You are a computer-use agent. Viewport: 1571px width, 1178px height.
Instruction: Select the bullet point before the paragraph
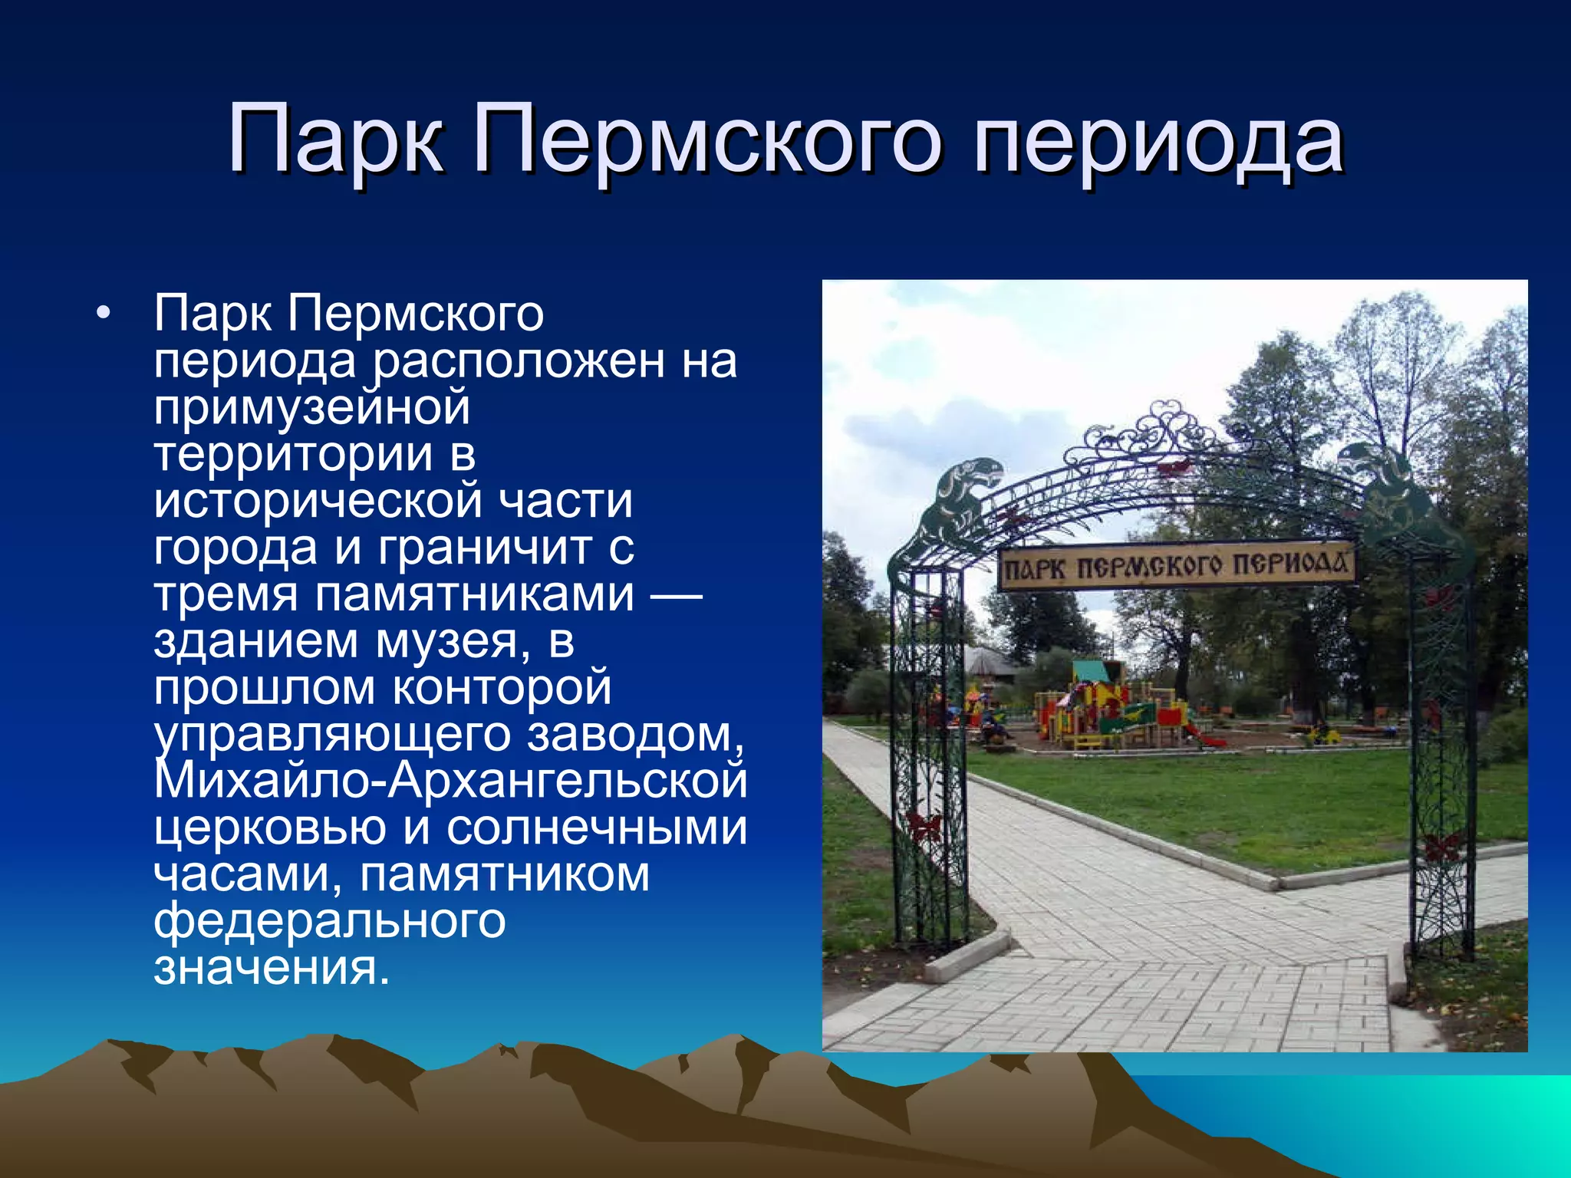(x=104, y=314)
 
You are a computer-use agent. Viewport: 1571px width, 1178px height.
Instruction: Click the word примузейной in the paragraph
(x=311, y=408)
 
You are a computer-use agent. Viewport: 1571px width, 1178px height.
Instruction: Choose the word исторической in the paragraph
(x=318, y=502)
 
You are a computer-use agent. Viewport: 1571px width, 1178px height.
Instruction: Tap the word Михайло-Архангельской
(x=450, y=781)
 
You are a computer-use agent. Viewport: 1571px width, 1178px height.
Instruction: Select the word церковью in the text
(x=269, y=829)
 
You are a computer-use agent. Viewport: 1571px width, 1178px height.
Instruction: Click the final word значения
(x=272, y=969)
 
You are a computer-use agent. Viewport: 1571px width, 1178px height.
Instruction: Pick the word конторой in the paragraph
(x=502, y=688)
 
